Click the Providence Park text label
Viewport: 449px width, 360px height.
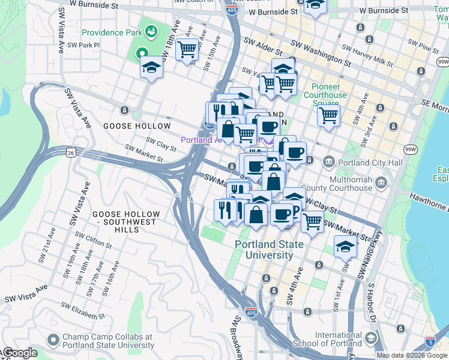tap(110, 32)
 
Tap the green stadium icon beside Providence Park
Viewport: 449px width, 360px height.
tap(151, 30)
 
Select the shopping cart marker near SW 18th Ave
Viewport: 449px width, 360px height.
tap(187, 49)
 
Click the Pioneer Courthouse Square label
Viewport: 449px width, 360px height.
tap(325, 95)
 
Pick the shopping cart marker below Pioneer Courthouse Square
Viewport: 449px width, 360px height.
tap(328, 114)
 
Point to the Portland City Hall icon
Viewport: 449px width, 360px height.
tap(329, 161)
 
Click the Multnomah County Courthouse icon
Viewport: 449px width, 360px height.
tap(381, 182)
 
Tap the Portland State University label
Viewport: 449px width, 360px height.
tap(264, 250)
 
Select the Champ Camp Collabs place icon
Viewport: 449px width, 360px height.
tap(53, 341)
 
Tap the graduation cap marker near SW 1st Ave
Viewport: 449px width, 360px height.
tap(345, 246)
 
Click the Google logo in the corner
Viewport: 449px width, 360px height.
tap(19, 353)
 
